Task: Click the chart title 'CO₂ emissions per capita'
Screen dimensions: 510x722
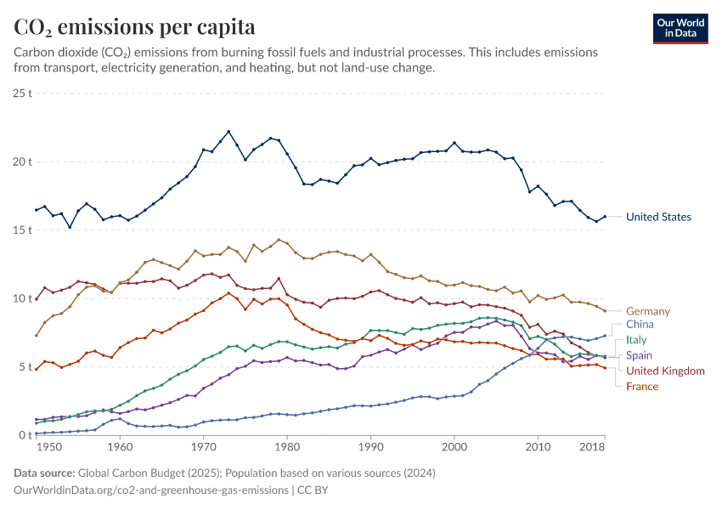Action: pyautogui.click(x=134, y=27)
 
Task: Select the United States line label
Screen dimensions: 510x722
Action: pyautogui.click(x=658, y=217)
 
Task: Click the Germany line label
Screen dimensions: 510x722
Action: pyautogui.click(x=648, y=311)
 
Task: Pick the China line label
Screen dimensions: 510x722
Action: pyautogui.click(x=640, y=325)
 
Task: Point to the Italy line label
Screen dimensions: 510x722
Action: pyautogui.click(x=636, y=340)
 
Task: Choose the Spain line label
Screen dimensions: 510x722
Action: pyautogui.click(x=640, y=355)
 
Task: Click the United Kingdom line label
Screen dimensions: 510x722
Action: pyautogui.click(x=665, y=371)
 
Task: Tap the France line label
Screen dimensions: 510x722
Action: pyautogui.click(x=642, y=387)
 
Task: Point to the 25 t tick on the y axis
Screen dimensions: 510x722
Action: pyautogui.click(x=23, y=93)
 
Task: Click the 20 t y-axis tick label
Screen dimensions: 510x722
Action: pyautogui.click(x=23, y=161)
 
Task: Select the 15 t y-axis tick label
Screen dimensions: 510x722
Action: pyautogui.click(x=23, y=229)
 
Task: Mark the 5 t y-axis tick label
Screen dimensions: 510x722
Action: pyautogui.click(x=25, y=367)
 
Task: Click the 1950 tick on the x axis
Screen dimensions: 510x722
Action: pyautogui.click(x=49, y=446)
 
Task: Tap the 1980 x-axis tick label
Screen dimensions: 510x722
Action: pyautogui.click(x=287, y=446)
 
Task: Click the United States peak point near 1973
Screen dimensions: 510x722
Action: pyautogui.click(x=228, y=131)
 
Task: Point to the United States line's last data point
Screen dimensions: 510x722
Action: pyautogui.click(x=605, y=217)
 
